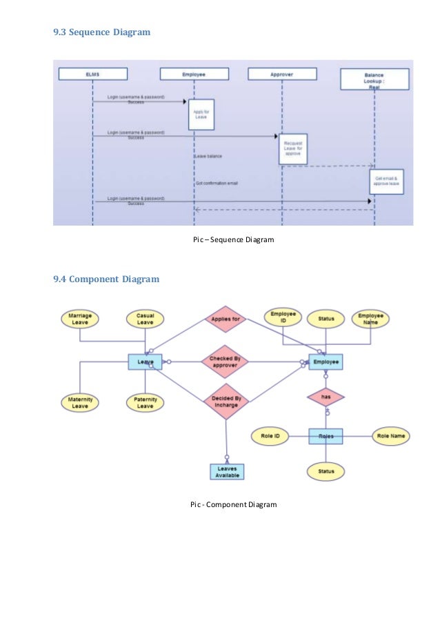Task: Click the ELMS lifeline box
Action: point(93,74)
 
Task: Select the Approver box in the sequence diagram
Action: point(282,74)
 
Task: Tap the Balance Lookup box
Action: point(374,79)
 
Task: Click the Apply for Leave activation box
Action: point(201,114)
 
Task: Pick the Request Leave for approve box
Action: point(293,149)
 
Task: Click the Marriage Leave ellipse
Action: point(80,319)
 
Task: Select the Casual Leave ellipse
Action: point(145,319)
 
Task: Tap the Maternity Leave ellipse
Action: point(80,403)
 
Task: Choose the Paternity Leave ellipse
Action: point(145,403)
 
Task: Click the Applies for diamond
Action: point(225,319)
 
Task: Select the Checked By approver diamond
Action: point(225,362)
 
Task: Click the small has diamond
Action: point(326,397)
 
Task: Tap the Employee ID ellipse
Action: point(283,319)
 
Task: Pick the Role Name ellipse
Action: point(390,436)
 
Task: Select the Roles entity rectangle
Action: point(326,436)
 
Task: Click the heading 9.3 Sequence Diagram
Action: point(101,32)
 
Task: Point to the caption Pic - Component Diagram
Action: point(233,505)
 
